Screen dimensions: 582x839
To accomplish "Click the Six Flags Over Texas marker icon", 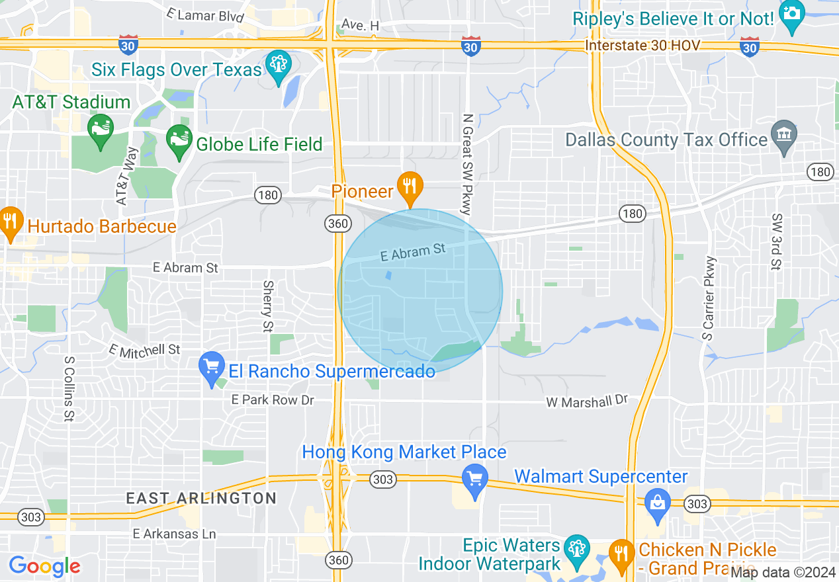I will coord(278,65).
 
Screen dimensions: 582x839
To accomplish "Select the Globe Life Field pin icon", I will coord(178,140).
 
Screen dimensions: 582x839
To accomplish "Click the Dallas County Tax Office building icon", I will coord(784,136).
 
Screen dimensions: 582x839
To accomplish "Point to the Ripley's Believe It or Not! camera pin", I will coord(791,15).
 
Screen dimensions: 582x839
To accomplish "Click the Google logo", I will coord(44,566).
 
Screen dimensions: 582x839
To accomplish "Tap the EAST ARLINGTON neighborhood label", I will coord(201,498).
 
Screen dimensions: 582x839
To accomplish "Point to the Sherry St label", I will coord(268,306).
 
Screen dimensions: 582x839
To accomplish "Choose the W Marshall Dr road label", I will coord(586,401).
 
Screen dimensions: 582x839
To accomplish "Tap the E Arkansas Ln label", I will coord(175,534).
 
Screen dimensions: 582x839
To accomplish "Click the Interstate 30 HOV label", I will coord(642,46).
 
